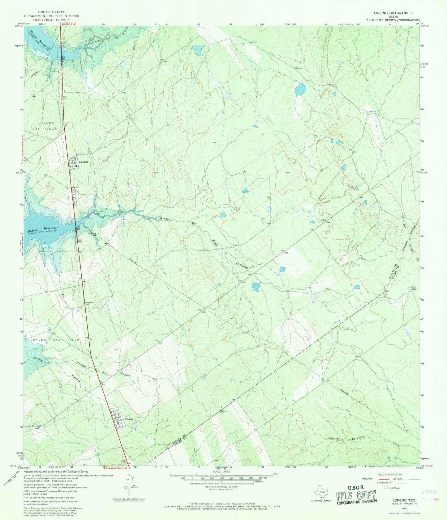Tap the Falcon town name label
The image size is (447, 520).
pyautogui.click(x=129, y=419)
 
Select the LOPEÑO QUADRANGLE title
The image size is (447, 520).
pyautogui.click(x=393, y=13)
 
